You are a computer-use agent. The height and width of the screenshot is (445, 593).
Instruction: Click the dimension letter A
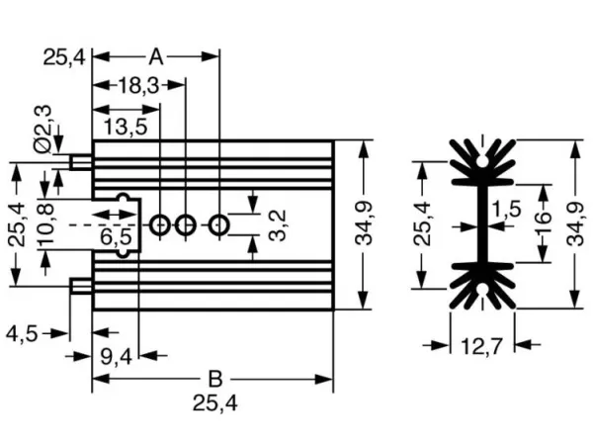[x=156, y=57]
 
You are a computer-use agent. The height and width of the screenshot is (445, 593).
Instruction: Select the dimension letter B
[x=215, y=379]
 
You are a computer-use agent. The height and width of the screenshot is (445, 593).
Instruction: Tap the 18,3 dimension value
[x=138, y=85]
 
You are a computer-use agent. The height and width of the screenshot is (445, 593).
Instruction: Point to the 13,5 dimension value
[x=126, y=127]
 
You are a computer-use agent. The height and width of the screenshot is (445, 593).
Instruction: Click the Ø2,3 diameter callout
[x=42, y=129]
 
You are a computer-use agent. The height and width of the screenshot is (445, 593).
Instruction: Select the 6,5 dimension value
[x=116, y=237]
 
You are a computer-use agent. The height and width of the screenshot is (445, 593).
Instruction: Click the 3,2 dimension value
[x=277, y=225]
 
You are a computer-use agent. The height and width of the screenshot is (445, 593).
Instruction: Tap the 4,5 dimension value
[x=22, y=334]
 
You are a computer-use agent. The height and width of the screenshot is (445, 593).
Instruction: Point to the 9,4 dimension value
[x=116, y=356]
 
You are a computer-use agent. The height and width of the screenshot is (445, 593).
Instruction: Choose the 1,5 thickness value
[x=506, y=209]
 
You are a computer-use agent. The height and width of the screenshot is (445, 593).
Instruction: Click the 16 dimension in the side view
[x=543, y=222]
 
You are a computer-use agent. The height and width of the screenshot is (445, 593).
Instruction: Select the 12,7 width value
[x=482, y=346]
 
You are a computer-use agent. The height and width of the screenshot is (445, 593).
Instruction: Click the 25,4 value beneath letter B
[x=215, y=403]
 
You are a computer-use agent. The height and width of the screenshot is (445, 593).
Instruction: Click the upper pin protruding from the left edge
[x=81, y=162]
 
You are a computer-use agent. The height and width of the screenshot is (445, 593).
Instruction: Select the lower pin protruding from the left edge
[x=81, y=286]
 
